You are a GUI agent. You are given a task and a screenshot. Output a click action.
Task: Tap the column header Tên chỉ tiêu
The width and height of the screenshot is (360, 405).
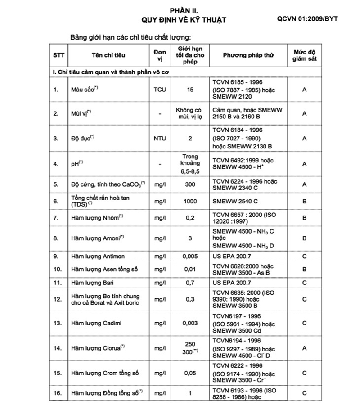(108, 55)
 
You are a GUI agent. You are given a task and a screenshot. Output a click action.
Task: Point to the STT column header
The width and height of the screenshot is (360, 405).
(58, 55)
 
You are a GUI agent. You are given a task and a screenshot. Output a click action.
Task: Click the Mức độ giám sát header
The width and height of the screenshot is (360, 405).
(305, 55)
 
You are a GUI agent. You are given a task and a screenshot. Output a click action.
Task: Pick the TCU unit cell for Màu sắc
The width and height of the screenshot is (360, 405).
(160, 90)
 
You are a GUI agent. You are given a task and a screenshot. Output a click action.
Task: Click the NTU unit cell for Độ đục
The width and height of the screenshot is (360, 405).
(160, 139)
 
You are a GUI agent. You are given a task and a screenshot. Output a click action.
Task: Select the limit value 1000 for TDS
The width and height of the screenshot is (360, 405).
(191, 201)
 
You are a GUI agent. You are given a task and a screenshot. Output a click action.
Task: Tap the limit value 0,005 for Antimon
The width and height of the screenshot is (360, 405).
(191, 256)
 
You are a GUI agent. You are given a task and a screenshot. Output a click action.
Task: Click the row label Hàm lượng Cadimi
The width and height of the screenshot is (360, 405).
(96, 323)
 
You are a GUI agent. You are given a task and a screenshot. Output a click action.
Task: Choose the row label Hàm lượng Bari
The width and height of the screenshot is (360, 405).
(91, 283)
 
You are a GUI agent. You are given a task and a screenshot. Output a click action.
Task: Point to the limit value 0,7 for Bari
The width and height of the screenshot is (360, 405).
(191, 283)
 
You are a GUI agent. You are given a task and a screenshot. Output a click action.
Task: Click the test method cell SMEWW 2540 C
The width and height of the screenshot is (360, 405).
(235, 201)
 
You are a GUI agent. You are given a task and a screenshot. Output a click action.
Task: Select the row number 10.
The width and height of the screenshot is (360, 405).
(57, 270)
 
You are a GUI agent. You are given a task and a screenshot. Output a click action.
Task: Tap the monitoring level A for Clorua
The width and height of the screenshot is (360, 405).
(305, 348)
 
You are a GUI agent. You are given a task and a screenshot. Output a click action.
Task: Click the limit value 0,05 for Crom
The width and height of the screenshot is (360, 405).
(191, 373)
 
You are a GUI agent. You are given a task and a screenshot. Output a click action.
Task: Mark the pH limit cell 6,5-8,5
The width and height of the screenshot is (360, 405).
(191, 164)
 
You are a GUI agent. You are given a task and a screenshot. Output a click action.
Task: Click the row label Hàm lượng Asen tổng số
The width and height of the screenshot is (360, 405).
(104, 270)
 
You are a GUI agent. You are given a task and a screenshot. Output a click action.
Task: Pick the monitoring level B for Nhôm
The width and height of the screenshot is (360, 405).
(305, 217)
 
